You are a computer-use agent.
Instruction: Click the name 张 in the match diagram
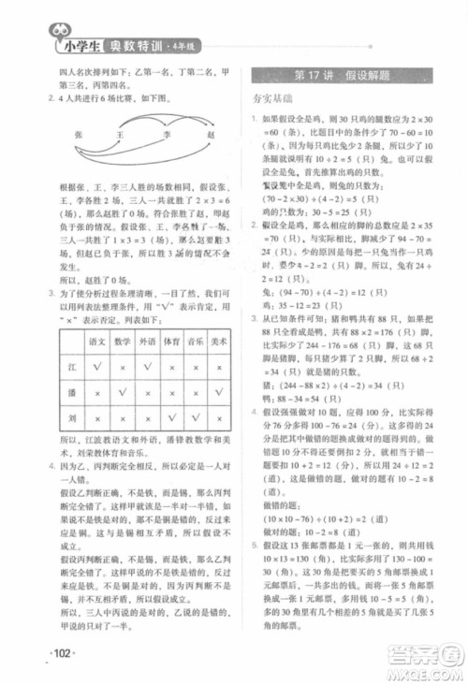point(79,136)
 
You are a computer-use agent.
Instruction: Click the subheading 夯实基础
point(273,96)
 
